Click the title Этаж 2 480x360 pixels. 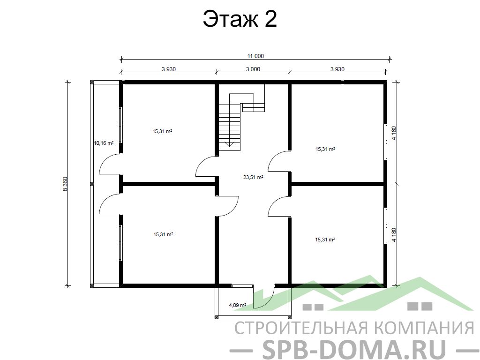point(240,19)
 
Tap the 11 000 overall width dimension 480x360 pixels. point(255,56)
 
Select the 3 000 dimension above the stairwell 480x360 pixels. point(253,69)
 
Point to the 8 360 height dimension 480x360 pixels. point(65,184)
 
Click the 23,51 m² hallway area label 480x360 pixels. point(253,177)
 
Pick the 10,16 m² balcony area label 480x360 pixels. point(104,142)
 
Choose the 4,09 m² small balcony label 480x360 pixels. point(238,305)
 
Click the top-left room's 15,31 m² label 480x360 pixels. point(162,131)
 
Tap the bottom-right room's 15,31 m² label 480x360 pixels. point(325,240)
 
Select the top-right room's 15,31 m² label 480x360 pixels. point(325,149)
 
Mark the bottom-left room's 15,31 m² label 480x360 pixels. point(163,234)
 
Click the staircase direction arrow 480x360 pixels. point(229,144)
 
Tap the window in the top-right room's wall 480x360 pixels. point(385,142)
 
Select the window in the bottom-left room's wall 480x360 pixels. point(121,243)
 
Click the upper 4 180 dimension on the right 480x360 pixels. point(394,133)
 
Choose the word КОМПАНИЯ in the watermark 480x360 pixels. point(424,328)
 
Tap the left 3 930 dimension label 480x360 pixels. point(169,69)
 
